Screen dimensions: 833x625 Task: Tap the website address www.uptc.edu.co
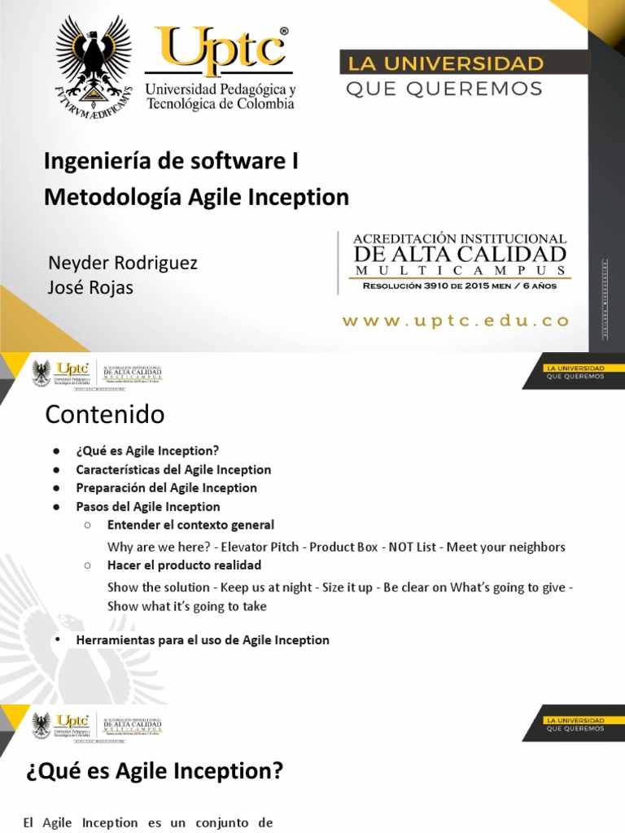(x=456, y=321)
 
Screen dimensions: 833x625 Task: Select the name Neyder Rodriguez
(x=123, y=264)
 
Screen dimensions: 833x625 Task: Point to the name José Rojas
(x=91, y=288)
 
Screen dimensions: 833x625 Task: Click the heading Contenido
(x=105, y=415)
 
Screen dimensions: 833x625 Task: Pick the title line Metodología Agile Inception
(x=196, y=197)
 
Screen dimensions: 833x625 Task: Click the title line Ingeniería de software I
(x=171, y=161)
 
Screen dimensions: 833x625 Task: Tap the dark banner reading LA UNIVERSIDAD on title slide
(x=446, y=63)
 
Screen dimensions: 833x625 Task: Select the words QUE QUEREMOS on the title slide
(x=444, y=89)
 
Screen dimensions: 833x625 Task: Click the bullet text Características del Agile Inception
(x=173, y=469)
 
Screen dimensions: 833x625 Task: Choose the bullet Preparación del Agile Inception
(x=166, y=488)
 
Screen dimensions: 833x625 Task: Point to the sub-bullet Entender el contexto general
(x=190, y=526)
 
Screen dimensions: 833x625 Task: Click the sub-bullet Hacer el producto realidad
(x=184, y=565)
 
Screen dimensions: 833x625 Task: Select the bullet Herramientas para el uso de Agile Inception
(x=203, y=640)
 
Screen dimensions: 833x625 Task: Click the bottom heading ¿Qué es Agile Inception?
(x=154, y=771)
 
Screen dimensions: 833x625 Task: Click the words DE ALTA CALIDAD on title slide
(x=460, y=255)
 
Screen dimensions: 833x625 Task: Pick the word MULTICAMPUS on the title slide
(x=460, y=271)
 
